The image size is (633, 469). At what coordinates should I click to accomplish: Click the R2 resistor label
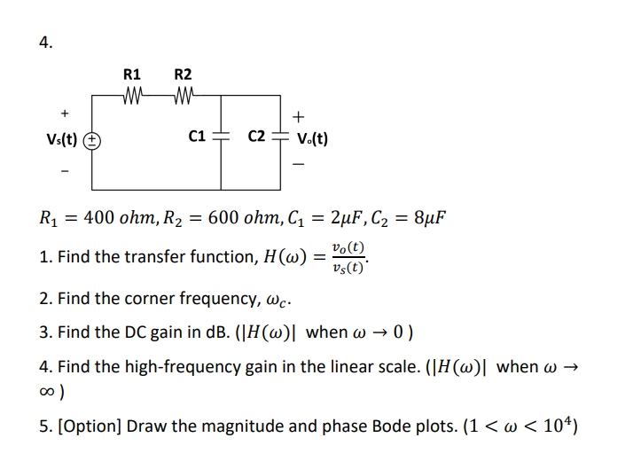[183, 75]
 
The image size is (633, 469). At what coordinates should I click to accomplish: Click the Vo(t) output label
[311, 139]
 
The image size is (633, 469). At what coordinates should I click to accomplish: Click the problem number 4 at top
[45, 42]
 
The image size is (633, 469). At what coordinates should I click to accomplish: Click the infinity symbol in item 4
[49, 390]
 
